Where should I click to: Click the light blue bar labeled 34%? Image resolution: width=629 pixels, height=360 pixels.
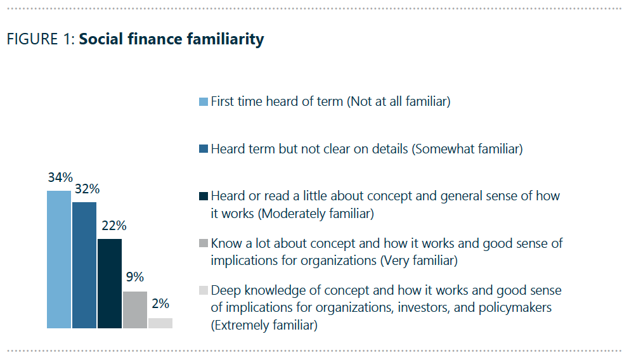[58, 259]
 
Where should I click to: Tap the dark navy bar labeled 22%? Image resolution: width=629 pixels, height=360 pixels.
[109, 283]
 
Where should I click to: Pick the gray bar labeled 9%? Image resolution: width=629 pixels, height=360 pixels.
[134, 310]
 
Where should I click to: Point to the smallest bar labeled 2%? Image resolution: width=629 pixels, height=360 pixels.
[160, 323]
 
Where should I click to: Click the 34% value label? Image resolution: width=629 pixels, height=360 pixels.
[60, 177]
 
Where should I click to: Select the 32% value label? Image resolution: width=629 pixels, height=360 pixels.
[86, 189]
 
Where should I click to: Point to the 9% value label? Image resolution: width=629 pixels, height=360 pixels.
[134, 278]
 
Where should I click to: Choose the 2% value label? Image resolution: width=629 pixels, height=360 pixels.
[160, 304]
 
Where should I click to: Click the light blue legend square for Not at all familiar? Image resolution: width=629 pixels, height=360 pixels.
[203, 102]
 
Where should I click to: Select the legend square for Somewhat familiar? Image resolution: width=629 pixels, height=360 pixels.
[203, 150]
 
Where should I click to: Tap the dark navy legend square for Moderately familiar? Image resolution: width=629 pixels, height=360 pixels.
[203, 196]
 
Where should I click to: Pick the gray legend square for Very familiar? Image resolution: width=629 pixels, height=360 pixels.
[203, 243]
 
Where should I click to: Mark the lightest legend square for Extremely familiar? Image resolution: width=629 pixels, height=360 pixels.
[203, 291]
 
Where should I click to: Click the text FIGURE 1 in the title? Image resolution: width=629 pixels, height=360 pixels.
[41, 39]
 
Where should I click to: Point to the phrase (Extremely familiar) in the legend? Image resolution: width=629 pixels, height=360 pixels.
[264, 325]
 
